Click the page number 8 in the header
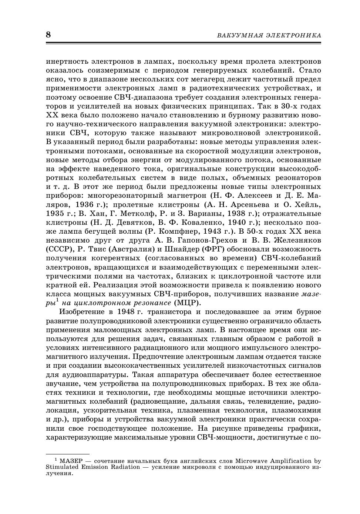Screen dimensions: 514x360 coord(48,35)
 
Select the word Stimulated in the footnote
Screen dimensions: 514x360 coord(62,467)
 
